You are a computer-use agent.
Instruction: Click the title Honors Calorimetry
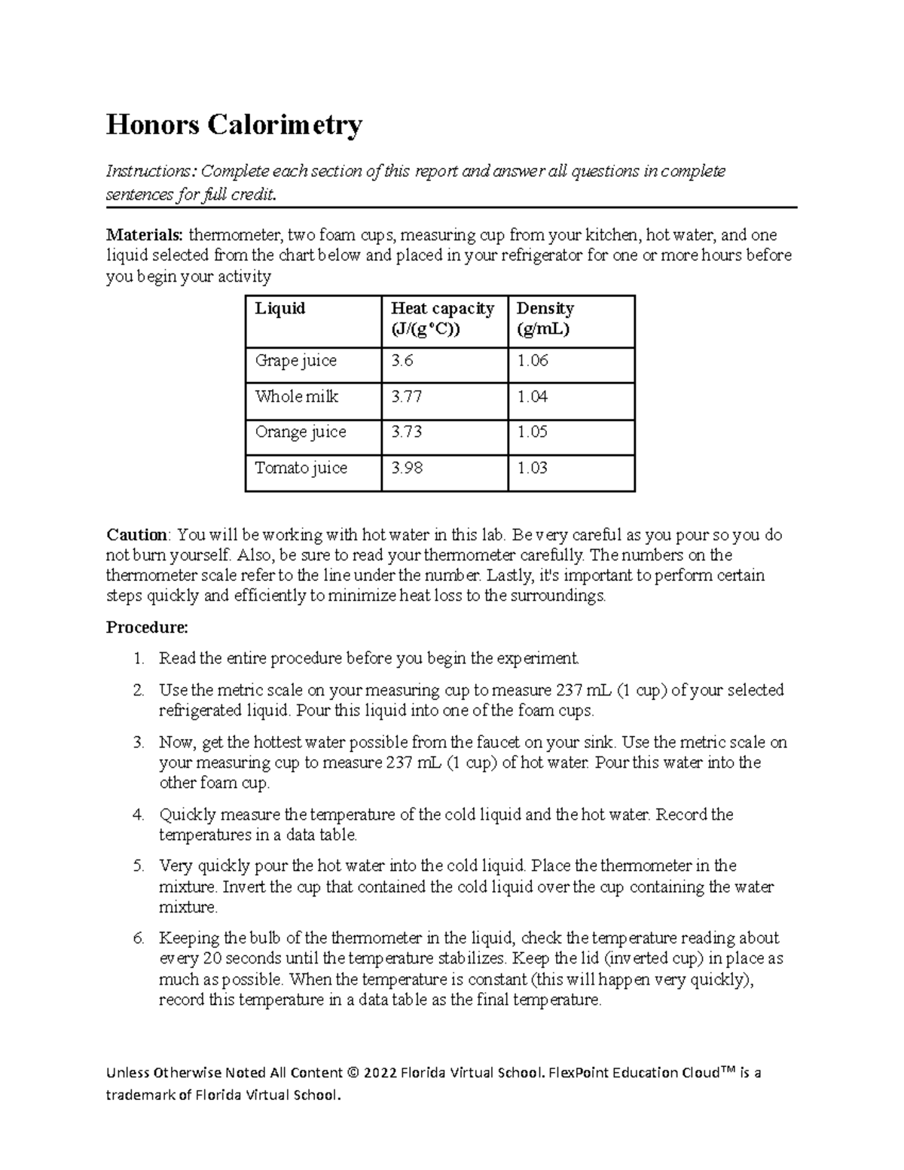point(234,125)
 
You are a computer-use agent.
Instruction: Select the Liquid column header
point(279,309)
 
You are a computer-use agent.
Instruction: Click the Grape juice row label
point(295,361)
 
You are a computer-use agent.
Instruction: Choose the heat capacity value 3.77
point(406,396)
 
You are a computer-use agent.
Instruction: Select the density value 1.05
point(532,432)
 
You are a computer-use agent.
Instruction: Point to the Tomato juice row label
point(301,469)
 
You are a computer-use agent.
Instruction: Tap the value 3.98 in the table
point(406,469)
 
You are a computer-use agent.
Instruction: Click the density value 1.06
point(532,361)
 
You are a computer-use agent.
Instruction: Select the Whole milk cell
point(296,396)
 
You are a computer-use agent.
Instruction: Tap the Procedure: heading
point(147,628)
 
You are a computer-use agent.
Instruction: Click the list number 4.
point(138,815)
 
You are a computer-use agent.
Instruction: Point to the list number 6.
point(138,939)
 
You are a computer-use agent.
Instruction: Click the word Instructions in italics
point(146,172)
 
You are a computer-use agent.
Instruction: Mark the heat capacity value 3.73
point(406,432)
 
